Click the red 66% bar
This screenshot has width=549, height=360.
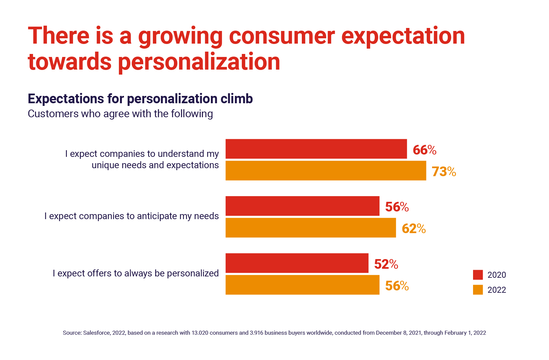[316, 149]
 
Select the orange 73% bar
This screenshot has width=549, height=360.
[325, 171]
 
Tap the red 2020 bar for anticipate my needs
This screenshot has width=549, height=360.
[302, 206]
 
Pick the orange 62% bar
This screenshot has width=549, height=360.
[310, 227]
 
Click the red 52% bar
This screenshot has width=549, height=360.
[297, 263]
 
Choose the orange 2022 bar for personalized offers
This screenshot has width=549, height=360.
[302, 285]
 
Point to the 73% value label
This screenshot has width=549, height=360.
[444, 172]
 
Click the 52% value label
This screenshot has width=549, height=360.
[386, 264]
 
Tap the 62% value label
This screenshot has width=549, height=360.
[414, 228]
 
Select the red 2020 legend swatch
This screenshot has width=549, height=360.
[478, 275]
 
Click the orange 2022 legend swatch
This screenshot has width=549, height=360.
[478, 290]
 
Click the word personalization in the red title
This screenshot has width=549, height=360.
[199, 62]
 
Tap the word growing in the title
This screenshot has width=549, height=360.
[180, 36]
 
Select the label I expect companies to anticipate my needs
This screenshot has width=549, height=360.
[132, 216]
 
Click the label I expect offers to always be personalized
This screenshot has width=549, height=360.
[136, 273]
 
